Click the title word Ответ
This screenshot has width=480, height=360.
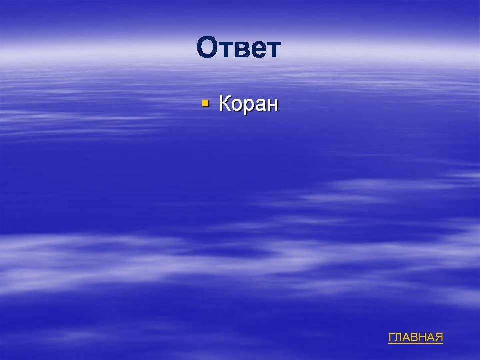(239, 47)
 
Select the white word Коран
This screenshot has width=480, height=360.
(248, 104)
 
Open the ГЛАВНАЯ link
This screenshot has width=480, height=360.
(415, 337)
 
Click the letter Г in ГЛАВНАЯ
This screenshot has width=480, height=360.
(392, 337)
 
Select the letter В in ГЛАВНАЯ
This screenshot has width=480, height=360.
(415, 337)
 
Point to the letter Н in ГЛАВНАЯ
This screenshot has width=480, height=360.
(423, 337)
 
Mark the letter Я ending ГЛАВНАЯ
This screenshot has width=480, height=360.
(439, 337)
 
